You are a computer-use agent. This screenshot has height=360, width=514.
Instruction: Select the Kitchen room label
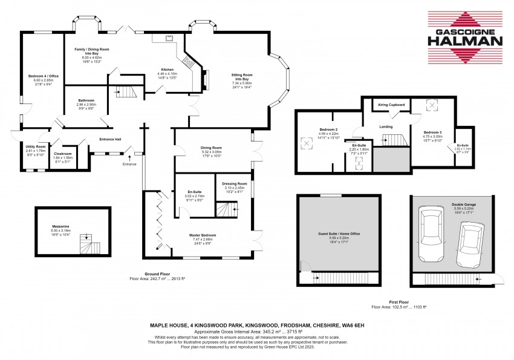click(167, 69)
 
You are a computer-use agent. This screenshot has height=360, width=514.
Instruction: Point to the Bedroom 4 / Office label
click(41, 76)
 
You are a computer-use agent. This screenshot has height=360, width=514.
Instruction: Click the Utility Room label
click(36, 146)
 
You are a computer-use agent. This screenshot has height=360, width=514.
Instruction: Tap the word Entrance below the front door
click(129, 164)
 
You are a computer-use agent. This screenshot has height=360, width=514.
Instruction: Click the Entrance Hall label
click(110, 139)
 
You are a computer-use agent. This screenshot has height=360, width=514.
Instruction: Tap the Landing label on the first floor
click(386, 126)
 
